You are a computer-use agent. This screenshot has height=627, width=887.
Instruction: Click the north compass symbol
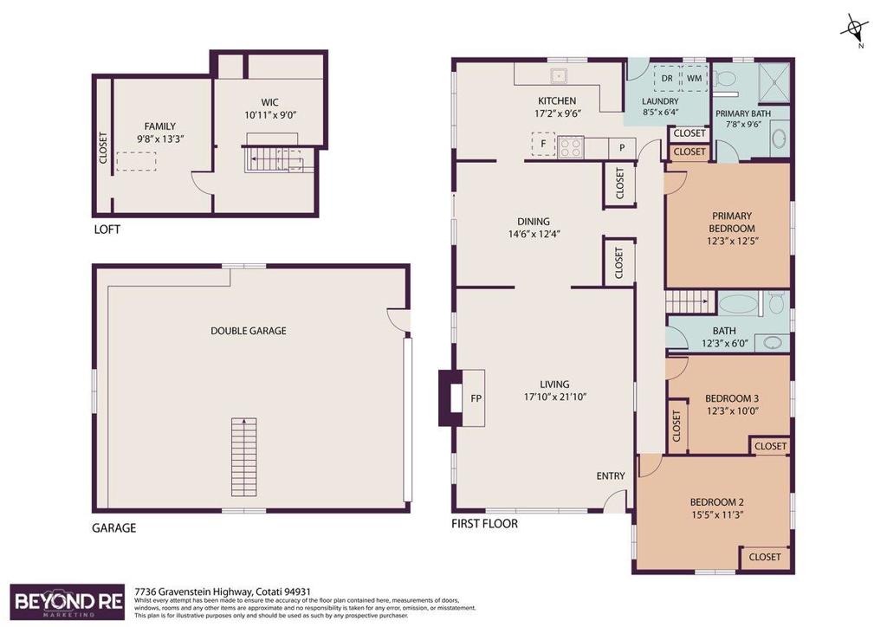853,30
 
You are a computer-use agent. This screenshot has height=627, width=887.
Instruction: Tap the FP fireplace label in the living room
476,399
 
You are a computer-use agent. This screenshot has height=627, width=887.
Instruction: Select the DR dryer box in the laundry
666,78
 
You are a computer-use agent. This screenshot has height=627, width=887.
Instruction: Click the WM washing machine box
695,78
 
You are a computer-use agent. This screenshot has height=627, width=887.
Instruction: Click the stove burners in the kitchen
571,147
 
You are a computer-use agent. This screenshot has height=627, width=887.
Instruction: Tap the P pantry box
622,148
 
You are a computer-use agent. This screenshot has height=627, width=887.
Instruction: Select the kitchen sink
559,74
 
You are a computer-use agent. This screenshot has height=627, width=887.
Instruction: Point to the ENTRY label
611,476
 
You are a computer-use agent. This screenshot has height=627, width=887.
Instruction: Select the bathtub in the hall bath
738,304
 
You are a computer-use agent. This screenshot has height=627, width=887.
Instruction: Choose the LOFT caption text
107,230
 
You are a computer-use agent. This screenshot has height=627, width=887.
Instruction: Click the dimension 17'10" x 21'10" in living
554,398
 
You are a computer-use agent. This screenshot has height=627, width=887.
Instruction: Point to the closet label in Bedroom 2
765,557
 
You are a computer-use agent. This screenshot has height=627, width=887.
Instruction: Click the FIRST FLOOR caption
485,524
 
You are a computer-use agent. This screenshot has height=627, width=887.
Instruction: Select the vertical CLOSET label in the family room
103,152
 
